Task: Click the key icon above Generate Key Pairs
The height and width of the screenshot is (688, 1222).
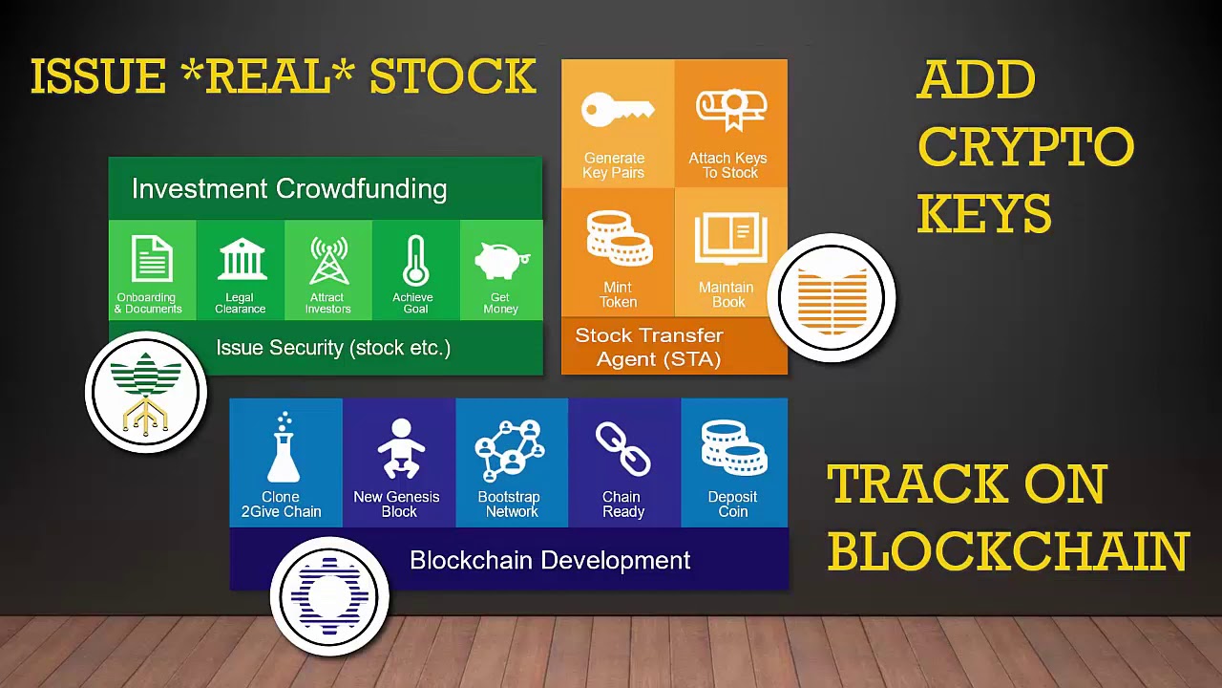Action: (618, 109)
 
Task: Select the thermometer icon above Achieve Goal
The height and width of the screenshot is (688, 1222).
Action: (415, 261)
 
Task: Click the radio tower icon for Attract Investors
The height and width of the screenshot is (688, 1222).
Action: (329, 261)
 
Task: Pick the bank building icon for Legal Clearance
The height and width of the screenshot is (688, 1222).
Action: (242, 259)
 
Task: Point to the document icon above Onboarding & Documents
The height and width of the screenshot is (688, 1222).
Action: (152, 259)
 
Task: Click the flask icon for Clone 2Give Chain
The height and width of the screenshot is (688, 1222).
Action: (284, 448)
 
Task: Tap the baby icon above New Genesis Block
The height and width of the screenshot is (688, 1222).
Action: (401, 448)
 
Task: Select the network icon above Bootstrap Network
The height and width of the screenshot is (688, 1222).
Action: (510, 450)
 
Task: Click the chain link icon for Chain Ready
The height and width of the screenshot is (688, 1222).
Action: (622, 449)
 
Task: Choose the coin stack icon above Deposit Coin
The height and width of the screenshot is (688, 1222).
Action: (734, 448)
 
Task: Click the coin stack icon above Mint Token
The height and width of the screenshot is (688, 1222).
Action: (620, 238)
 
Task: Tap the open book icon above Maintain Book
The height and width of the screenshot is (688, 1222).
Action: (731, 239)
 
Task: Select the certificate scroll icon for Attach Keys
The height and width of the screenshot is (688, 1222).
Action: (731, 110)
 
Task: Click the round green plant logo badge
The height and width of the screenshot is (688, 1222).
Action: (146, 392)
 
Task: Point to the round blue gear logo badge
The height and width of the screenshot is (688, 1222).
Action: (329, 596)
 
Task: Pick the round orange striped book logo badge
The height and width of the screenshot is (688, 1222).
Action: (832, 297)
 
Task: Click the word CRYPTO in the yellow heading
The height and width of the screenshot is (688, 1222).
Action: (1025, 146)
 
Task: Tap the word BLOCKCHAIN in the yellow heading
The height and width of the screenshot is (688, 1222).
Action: (1008, 551)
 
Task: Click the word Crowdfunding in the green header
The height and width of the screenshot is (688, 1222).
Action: (361, 189)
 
